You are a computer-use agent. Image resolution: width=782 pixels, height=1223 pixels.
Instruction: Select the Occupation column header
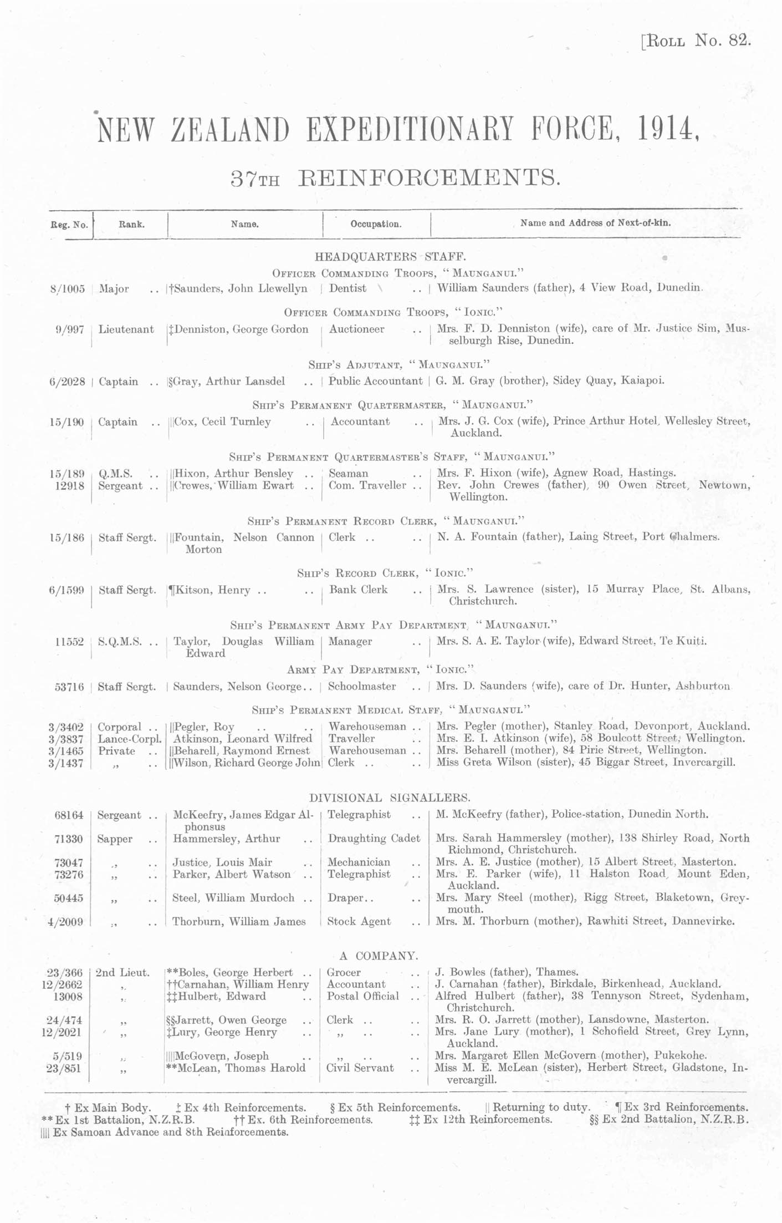pos(375,225)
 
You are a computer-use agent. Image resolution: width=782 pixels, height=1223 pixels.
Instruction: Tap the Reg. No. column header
pos(69,225)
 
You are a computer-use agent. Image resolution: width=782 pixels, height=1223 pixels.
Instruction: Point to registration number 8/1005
pos(68,289)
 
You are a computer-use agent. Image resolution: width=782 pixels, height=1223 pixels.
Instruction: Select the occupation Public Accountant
pos(375,381)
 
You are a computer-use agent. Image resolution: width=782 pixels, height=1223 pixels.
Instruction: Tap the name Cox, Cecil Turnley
pos(222,422)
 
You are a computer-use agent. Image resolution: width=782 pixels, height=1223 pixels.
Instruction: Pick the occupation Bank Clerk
pos(358,590)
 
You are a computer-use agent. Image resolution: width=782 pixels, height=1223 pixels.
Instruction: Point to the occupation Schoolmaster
pos(362,687)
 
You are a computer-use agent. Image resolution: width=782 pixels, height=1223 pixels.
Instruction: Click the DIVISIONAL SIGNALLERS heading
pos(390,798)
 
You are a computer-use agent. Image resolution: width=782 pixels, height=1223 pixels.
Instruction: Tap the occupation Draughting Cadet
pos(374,838)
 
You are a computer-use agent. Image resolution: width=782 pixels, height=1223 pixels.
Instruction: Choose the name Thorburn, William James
pos(239,921)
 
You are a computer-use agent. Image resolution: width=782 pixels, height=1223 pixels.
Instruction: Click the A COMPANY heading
pos(379,956)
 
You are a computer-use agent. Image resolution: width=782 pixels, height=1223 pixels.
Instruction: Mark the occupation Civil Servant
pos(360,1068)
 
